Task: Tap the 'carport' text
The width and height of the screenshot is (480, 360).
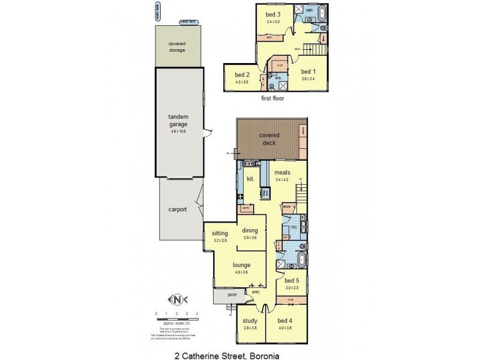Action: [x=178, y=209]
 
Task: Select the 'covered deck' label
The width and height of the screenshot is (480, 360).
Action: [x=269, y=139]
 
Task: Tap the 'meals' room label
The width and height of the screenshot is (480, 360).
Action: [x=282, y=173]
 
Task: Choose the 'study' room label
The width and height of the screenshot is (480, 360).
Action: [x=250, y=321]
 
